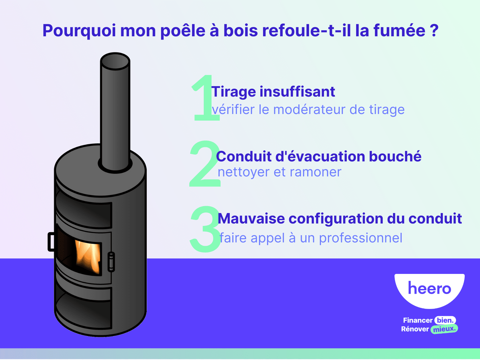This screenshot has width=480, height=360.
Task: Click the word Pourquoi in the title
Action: click(79, 31)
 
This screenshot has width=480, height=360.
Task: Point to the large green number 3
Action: click(205, 229)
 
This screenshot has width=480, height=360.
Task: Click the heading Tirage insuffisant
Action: click(273, 91)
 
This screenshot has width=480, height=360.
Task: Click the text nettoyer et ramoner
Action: click(279, 172)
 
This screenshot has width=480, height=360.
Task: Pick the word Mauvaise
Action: click(251, 219)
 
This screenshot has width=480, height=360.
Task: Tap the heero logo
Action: click(429, 289)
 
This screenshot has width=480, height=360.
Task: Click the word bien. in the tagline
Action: click(445, 320)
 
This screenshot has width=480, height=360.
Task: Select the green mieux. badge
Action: click(444, 329)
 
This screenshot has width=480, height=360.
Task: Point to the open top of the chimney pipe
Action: click(115, 61)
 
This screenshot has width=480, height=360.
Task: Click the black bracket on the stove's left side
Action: click(51, 241)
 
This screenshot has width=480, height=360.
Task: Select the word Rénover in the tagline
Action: click(415, 329)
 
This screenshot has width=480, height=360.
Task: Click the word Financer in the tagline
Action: click(418, 320)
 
